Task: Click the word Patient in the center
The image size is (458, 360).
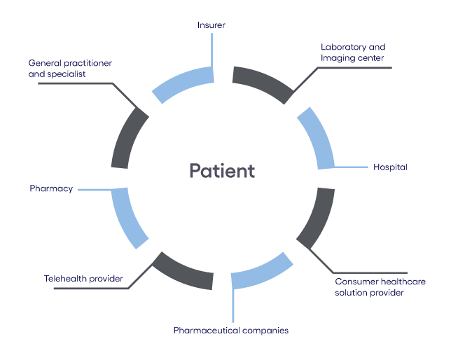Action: (221, 171)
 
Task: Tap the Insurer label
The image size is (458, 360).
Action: (211, 25)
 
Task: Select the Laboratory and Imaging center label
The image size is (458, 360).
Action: (353, 52)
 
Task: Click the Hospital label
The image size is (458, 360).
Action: (390, 167)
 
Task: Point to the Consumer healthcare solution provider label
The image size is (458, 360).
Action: (380, 286)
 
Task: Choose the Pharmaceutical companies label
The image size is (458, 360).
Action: (231, 329)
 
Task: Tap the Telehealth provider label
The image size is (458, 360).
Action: (83, 279)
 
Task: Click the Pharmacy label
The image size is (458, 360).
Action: (51, 188)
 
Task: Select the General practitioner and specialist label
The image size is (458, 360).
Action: (70, 68)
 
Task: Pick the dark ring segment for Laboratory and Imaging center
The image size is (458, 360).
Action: (263, 83)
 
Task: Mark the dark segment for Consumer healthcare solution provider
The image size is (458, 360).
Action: (317, 216)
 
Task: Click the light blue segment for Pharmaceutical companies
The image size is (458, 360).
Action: (262, 271)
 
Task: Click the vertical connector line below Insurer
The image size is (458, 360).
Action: (211, 49)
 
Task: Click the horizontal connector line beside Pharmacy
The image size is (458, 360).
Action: (95, 189)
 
